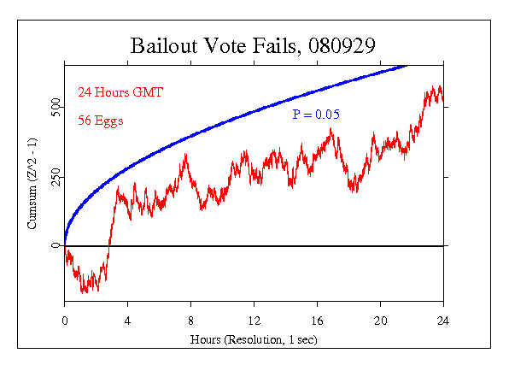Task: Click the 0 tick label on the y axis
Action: pyautogui.click(x=56, y=246)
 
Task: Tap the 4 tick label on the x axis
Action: pyautogui.click(x=127, y=321)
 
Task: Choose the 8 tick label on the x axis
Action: pyautogui.click(x=190, y=321)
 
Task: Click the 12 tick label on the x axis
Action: pyautogui.click(x=254, y=321)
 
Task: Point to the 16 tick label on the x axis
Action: pyautogui.click(x=317, y=321)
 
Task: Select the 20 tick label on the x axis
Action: pyautogui.click(x=380, y=321)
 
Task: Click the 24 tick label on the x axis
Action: pyautogui.click(x=443, y=321)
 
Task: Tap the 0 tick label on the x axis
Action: pyautogui.click(x=64, y=321)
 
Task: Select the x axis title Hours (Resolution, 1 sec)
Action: pyautogui.click(x=254, y=339)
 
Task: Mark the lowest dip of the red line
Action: pyautogui.click(x=83, y=292)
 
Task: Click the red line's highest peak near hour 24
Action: pyautogui.click(x=436, y=85)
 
